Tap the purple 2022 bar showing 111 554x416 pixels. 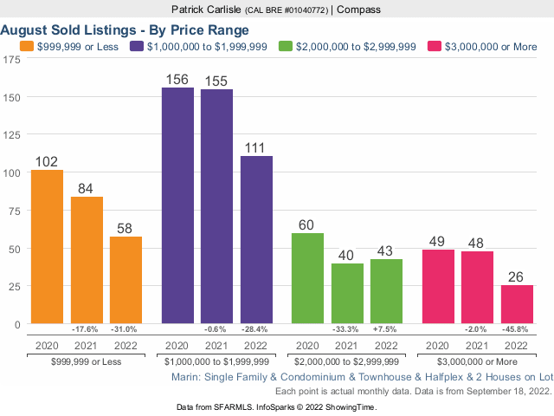pos(256,240)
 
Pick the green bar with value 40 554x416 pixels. pos(347,294)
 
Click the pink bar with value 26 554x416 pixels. pos(517,304)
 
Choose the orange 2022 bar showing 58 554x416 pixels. pos(126,280)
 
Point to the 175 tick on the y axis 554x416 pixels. pos(12,60)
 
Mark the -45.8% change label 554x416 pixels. pos(517,329)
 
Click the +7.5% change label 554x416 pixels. pos(386,329)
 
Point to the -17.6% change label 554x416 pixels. pos(87,329)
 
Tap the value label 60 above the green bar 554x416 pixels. pos(307,225)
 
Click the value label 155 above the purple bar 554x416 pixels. pos(216,81)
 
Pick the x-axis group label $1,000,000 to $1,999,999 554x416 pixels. pos(216,361)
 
